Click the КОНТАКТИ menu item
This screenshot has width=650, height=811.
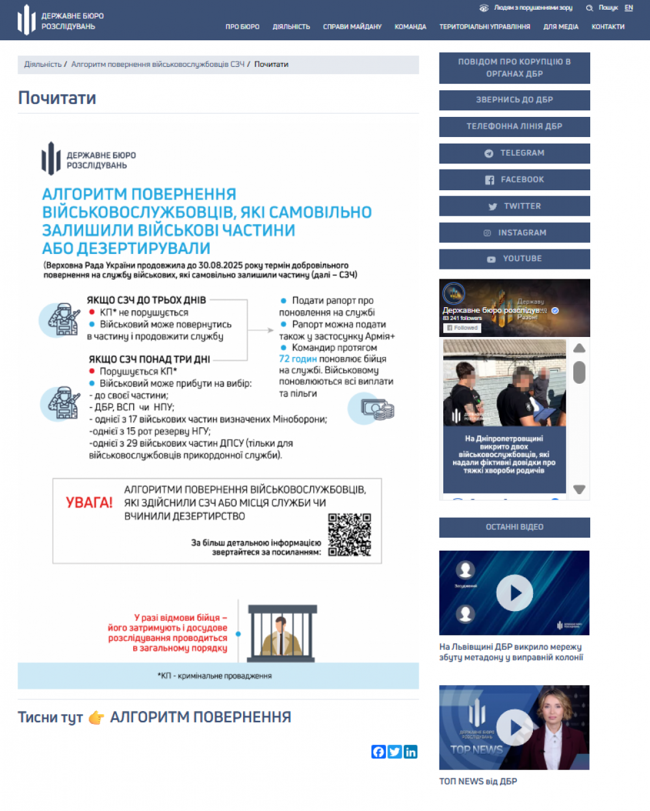[608, 27]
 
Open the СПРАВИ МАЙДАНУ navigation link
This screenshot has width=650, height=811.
[352, 27]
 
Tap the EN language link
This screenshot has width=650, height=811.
[629, 8]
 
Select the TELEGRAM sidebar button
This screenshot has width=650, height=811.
[515, 153]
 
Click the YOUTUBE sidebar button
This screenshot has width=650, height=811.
[515, 259]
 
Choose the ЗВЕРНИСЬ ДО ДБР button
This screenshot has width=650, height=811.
[515, 100]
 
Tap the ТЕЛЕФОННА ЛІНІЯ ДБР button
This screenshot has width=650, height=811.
[515, 127]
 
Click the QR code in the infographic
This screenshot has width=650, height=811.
[350, 535]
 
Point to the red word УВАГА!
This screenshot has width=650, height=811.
[89, 503]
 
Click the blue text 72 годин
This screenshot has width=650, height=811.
[298, 358]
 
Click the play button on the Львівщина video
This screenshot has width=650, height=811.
[515, 593]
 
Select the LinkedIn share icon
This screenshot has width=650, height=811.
[411, 752]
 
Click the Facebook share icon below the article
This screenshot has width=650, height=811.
[378, 752]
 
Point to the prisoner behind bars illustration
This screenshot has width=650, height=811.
[282, 632]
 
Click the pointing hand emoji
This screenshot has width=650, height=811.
[96, 717]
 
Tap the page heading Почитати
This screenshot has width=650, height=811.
[57, 98]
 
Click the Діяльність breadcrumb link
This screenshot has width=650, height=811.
[43, 64]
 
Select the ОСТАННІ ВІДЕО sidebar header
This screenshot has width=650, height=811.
[515, 527]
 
